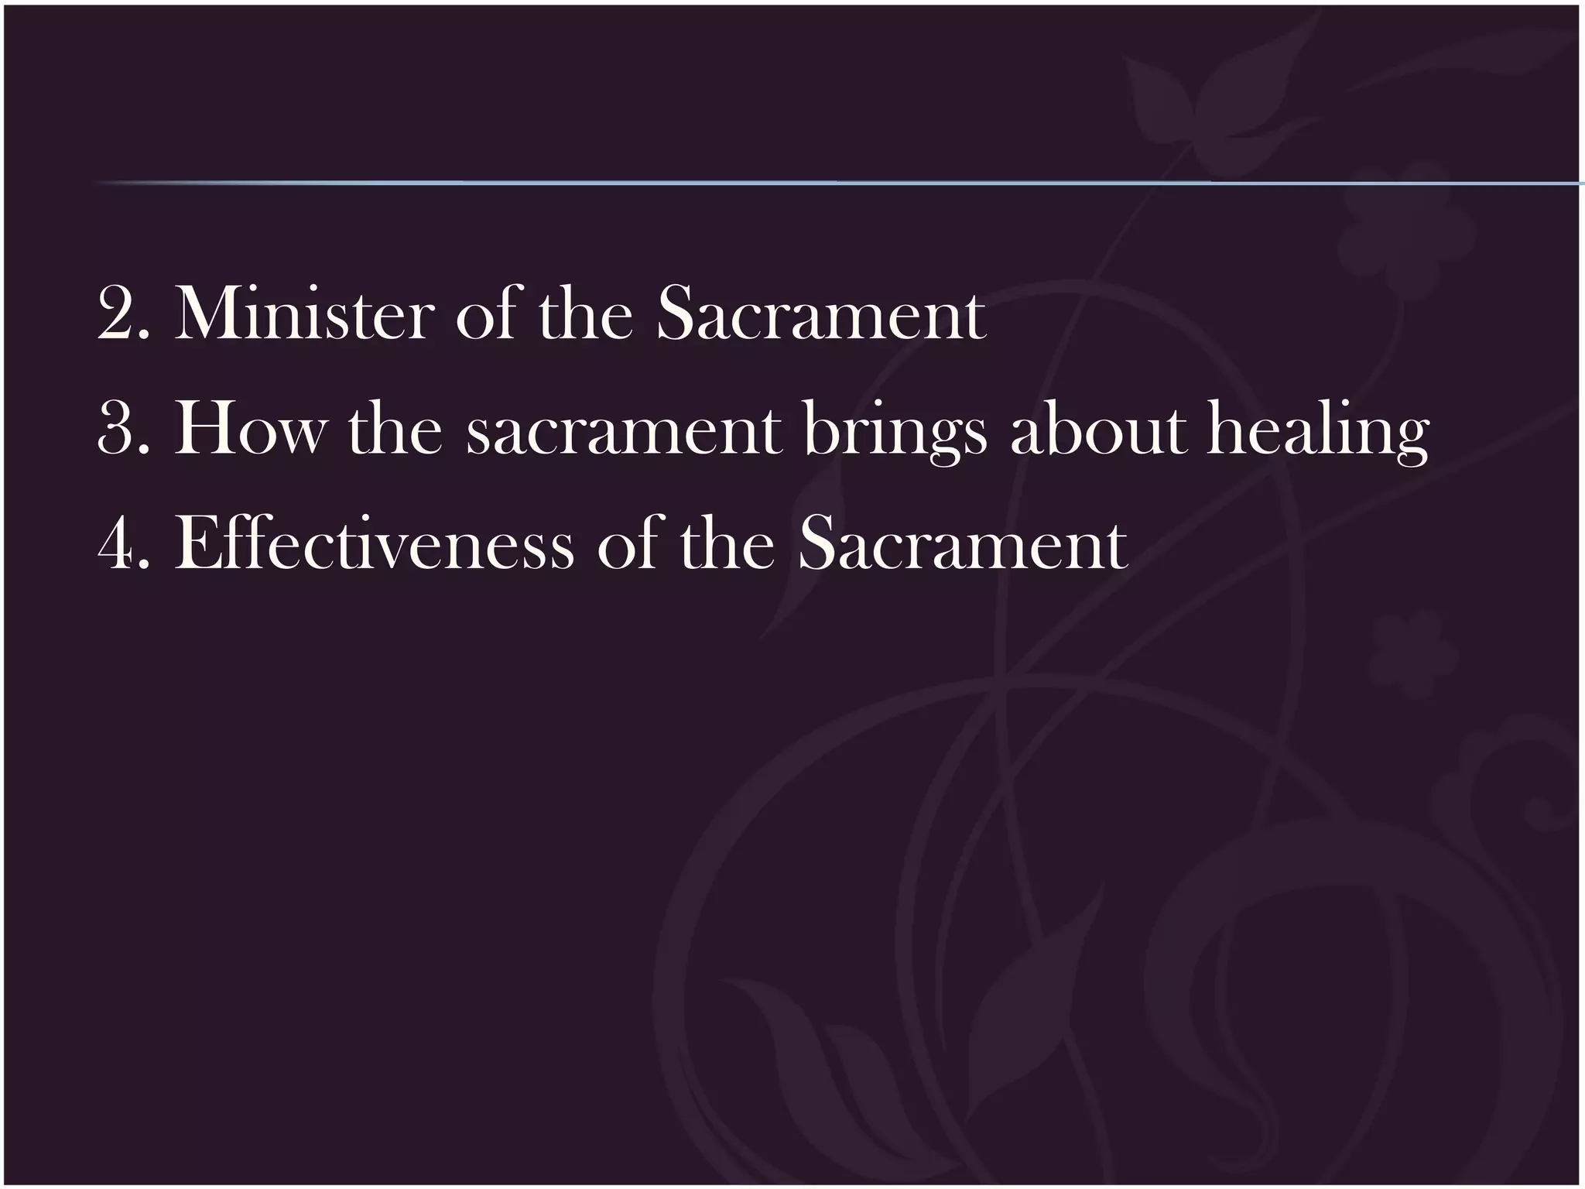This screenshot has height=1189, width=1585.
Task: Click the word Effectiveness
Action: click(375, 543)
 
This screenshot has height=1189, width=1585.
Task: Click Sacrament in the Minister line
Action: click(821, 314)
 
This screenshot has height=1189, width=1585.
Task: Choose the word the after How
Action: click(395, 430)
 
